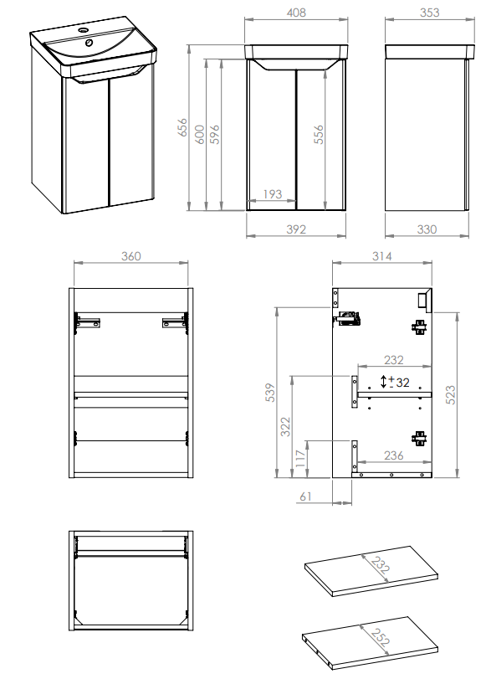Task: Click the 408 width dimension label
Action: (x=296, y=13)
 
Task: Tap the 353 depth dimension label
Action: (x=429, y=13)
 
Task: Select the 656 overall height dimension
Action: (x=182, y=127)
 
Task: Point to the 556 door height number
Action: (x=319, y=134)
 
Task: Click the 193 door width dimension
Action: (x=273, y=194)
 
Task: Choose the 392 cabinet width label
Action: (x=296, y=229)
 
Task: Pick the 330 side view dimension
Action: (x=427, y=229)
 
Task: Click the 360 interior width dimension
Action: (x=130, y=256)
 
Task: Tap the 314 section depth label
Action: (x=381, y=256)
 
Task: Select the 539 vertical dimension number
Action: (x=270, y=393)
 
